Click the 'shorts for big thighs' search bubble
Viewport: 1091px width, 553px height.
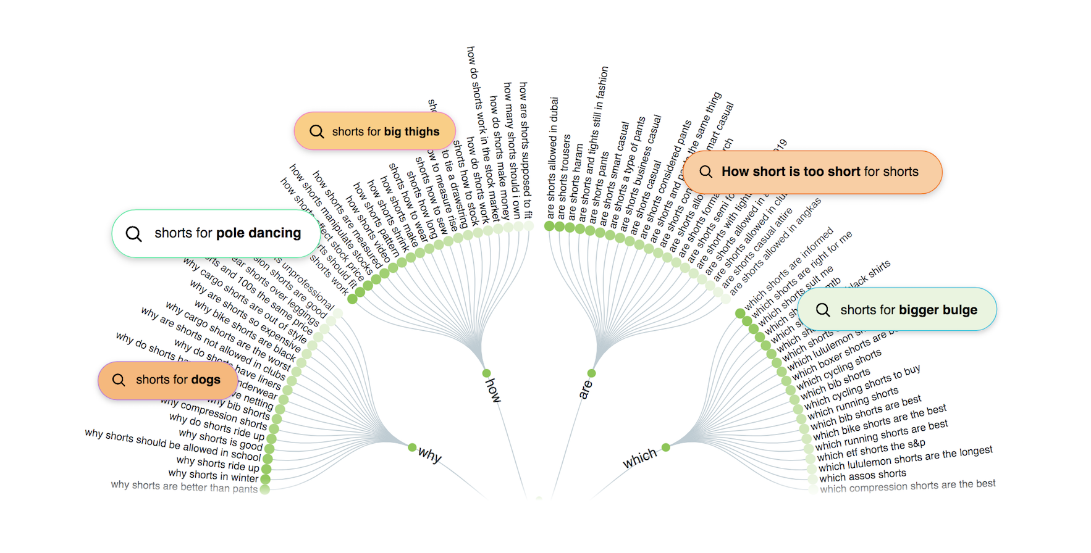click(375, 131)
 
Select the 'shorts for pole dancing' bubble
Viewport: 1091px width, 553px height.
click(216, 233)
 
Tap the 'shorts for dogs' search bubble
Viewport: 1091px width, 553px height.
click(168, 380)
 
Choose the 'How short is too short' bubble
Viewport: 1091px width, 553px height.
click(812, 172)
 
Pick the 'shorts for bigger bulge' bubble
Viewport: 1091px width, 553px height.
click(897, 310)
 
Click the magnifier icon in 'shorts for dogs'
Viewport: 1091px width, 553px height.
click(119, 380)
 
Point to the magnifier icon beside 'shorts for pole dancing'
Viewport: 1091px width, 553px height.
click(133, 234)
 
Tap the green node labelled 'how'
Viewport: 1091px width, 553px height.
click(487, 373)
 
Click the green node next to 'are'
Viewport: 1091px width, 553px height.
click(592, 373)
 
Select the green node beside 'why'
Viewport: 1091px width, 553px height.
click(412, 447)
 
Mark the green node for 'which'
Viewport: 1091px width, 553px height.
click(666, 447)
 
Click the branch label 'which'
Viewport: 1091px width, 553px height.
click(640, 459)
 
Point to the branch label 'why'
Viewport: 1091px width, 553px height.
click(430, 455)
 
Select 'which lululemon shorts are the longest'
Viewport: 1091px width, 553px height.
click(906, 459)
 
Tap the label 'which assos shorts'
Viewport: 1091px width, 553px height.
click(862, 475)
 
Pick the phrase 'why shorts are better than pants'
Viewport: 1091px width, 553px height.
click(184, 487)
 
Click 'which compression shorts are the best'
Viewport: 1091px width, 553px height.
click(908, 486)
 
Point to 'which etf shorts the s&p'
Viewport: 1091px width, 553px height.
click(871, 450)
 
